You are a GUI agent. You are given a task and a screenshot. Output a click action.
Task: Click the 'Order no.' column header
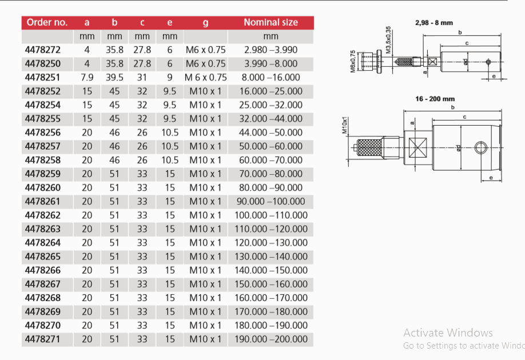click(46, 23)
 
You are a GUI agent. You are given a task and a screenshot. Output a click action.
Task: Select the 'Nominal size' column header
click(271, 23)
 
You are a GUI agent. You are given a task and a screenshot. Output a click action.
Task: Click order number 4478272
click(43, 50)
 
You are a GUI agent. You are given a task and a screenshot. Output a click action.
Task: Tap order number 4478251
click(43, 78)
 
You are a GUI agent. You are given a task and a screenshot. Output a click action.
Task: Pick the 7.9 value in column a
click(87, 78)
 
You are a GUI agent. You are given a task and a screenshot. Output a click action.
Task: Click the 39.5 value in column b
click(114, 78)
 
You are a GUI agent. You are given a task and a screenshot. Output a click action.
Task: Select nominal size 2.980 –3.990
click(271, 50)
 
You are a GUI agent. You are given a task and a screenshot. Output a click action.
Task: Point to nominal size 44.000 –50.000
click(271, 133)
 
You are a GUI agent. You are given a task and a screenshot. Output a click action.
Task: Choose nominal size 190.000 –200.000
click(271, 339)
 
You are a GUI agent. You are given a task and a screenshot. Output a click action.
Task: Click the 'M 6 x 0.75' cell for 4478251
click(205, 78)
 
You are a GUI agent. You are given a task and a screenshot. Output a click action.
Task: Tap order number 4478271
click(43, 339)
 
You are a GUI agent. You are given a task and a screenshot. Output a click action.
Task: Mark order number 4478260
click(43, 188)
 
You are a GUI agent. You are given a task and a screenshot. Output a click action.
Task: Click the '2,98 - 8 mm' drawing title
click(433, 23)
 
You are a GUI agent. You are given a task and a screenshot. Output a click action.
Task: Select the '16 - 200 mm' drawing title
click(435, 99)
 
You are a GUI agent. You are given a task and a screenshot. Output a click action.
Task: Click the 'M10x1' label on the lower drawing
click(345, 125)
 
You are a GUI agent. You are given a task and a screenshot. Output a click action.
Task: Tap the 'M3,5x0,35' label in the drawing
click(388, 40)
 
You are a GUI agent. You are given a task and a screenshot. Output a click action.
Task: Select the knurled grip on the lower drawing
click(370, 148)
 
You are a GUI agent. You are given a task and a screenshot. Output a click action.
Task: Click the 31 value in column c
click(142, 78)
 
